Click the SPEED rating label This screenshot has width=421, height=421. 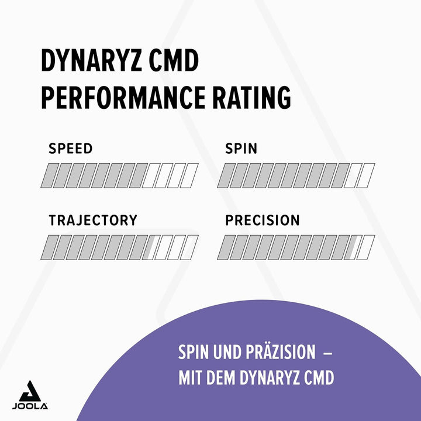[x=70, y=149]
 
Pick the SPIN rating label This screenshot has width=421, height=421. [x=241, y=149]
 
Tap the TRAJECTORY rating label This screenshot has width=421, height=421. [x=92, y=220]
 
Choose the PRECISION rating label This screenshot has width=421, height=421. [x=263, y=220]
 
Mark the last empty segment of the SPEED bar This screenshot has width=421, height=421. [x=189, y=175]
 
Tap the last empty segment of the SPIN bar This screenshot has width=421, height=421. [x=366, y=175]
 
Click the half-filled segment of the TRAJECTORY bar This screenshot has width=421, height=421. [x=151, y=247]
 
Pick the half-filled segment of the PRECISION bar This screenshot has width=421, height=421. [x=353, y=247]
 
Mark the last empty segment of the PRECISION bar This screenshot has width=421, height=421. [x=366, y=247]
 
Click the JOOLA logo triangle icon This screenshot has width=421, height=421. [x=30, y=391]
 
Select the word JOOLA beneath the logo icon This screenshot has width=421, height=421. [x=30, y=406]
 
